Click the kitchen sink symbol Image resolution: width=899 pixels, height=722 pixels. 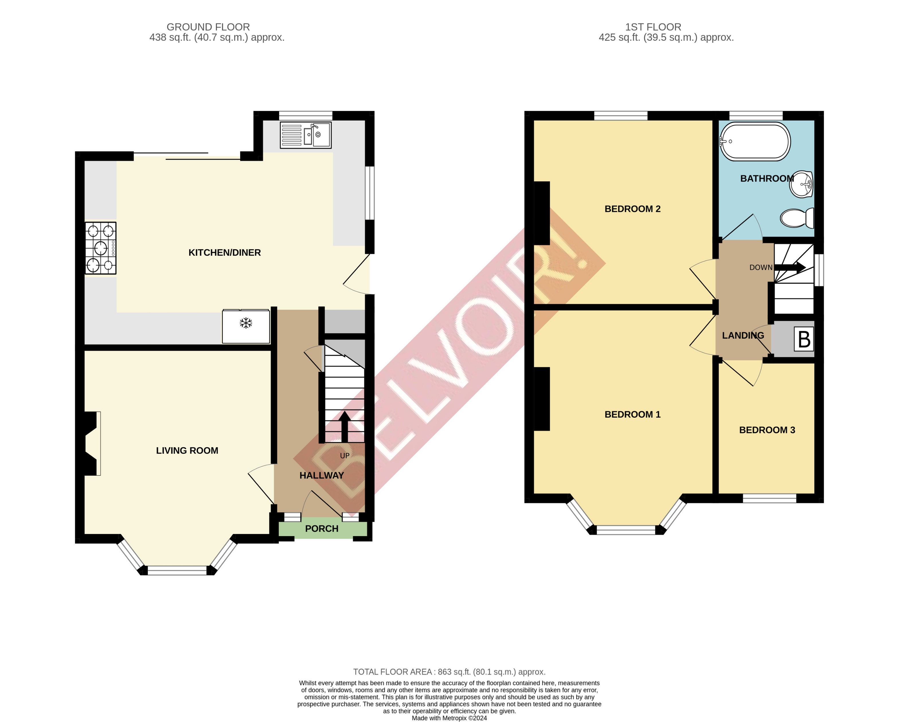point(306,135)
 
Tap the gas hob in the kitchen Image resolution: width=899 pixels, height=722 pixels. point(101,248)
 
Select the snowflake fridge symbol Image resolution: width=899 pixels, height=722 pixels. point(246,323)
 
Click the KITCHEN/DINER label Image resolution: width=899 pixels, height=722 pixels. point(224,253)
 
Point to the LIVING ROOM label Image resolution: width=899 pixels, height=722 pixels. point(187,451)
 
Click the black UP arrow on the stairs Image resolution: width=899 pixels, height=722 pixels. point(344,426)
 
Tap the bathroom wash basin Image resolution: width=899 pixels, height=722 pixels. point(801,184)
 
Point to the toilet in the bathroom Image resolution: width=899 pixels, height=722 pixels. point(797,218)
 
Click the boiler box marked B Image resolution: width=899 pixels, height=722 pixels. point(804,339)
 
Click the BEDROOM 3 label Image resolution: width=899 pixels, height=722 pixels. point(767,430)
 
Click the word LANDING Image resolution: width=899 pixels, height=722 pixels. point(743,336)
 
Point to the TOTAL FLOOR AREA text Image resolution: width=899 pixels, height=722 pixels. point(449,672)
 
